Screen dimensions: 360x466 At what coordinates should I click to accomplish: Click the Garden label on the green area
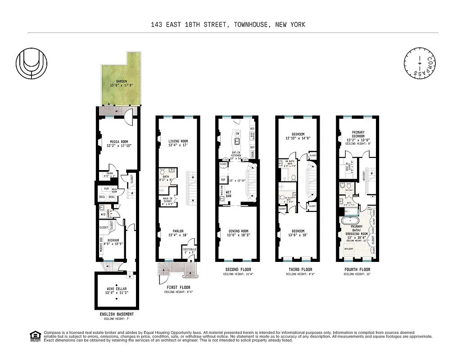click(x=118, y=83)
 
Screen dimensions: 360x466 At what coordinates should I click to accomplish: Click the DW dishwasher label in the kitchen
click(x=237, y=134)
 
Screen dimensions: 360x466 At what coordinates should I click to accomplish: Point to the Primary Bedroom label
click(x=358, y=135)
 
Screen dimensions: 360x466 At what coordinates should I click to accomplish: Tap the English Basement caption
click(x=117, y=314)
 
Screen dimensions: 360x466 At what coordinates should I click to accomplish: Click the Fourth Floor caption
click(x=358, y=270)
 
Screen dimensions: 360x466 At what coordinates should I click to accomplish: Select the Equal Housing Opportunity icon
click(x=34, y=336)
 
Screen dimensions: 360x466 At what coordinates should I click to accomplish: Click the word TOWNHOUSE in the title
click(x=249, y=24)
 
